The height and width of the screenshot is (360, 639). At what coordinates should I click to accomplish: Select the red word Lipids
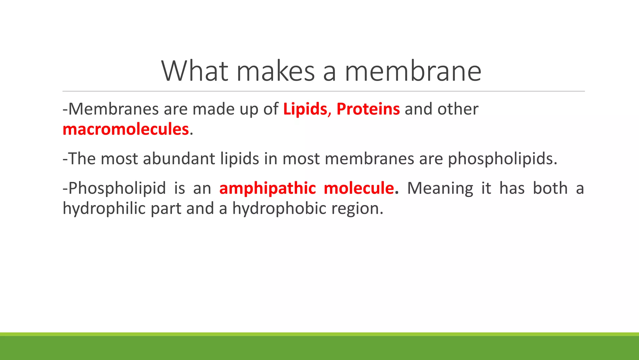[305, 109]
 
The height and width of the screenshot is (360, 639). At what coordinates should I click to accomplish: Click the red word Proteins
[368, 109]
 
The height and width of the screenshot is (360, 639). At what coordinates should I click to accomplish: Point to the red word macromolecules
[126, 129]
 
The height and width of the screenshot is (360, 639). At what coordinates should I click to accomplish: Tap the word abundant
[179, 158]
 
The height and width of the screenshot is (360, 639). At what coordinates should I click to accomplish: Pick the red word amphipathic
[268, 188]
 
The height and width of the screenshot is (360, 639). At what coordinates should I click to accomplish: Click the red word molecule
[359, 188]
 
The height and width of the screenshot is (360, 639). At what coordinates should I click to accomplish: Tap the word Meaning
[440, 188]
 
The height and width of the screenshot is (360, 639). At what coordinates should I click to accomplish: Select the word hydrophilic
[104, 208]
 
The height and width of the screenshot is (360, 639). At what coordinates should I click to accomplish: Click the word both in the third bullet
[550, 188]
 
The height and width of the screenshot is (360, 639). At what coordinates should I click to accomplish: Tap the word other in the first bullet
[458, 109]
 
